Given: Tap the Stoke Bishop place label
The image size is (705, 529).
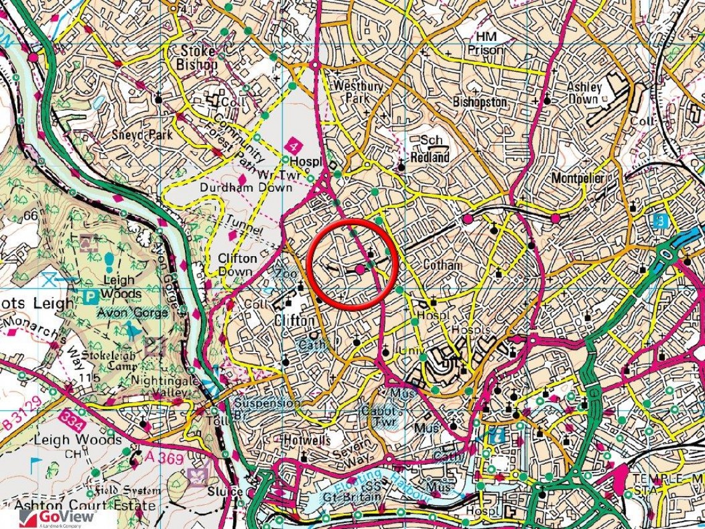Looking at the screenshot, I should tap(197, 57).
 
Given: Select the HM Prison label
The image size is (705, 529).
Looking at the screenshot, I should tap(485, 44).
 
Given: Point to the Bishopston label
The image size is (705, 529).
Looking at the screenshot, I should tap(480, 101).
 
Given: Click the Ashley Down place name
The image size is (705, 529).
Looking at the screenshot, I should tap(583, 93).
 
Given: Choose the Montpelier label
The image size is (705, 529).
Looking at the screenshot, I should tap(577, 178).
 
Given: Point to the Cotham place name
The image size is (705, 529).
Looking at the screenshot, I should tap(442, 265).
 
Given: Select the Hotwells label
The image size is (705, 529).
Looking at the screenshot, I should tap(305, 441).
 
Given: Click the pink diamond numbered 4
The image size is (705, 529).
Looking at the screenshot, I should tap(294, 147).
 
